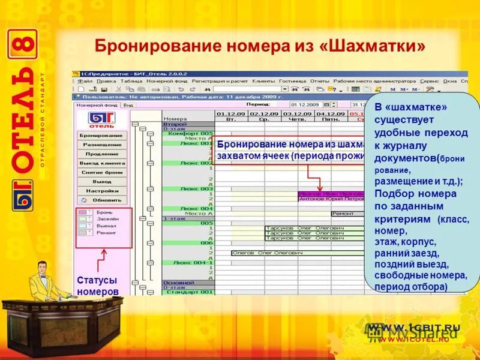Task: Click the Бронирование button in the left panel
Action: pyautogui.click(x=101, y=136)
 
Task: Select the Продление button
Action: pyautogui.click(x=101, y=154)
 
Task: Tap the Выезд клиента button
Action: pyautogui.click(x=101, y=163)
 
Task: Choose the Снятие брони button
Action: pyautogui.click(x=101, y=173)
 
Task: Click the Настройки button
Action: pyautogui.click(x=101, y=191)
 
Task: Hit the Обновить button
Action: pyautogui.click(x=101, y=200)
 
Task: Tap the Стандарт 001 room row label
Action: pyautogui.click(x=189, y=292)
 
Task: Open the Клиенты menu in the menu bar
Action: pyautogui.click(x=263, y=81)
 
